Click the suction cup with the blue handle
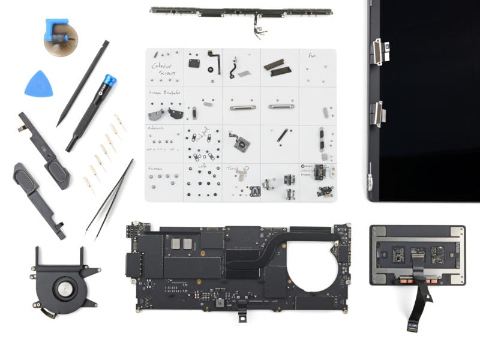[60, 35]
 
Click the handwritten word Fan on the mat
[312, 56]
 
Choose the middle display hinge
[378, 112]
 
